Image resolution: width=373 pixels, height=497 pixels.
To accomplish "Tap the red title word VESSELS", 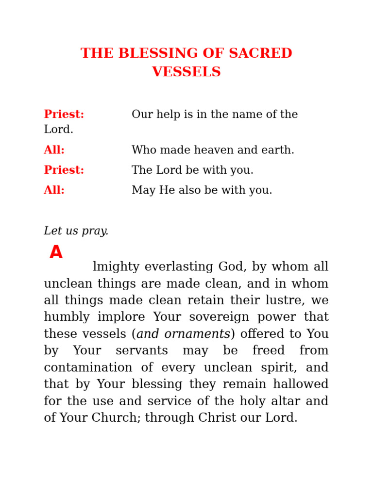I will click(186, 72).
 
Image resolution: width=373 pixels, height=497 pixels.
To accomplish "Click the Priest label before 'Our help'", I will click(64, 115).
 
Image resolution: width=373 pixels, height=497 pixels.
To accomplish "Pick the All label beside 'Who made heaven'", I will click(54, 150).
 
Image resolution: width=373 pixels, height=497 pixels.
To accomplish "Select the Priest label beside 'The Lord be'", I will click(64, 170).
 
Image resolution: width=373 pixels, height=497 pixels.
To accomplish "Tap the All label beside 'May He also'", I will click(54, 190).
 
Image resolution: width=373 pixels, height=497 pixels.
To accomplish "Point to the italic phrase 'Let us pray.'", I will click(76, 231).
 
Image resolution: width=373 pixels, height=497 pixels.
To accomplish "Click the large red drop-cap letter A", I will click(56, 252).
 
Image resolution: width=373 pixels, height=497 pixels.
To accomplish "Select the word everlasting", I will click(179, 267).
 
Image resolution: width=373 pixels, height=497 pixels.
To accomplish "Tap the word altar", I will click(281, 401).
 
